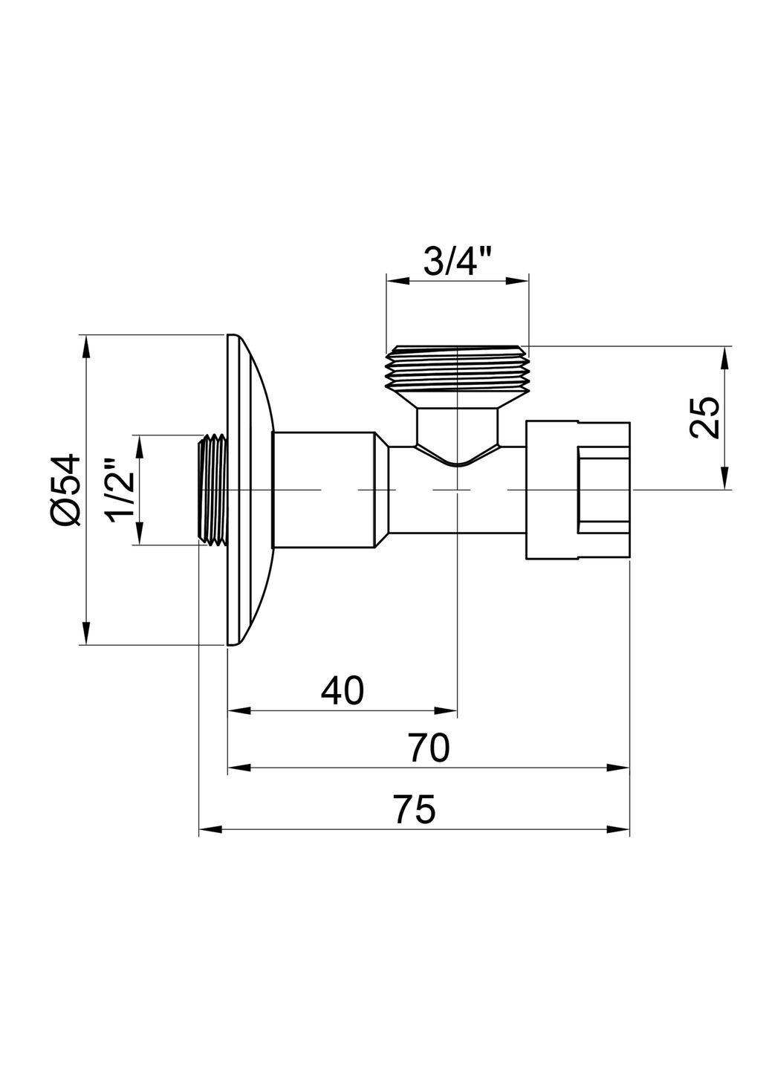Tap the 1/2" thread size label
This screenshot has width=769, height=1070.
tap(120, 491)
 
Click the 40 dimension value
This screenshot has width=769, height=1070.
tap(343, 690)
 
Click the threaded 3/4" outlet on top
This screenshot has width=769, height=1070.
tap(457, 368)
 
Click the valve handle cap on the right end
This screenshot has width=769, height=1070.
tap(577, 490)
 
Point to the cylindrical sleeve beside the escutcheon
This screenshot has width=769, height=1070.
tap(323, 490)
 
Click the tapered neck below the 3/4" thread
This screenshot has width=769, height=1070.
tap(456, 431)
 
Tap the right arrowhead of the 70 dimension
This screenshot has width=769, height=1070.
tap(618, 768)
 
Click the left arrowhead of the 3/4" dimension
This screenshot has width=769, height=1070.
tap(398, 281)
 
